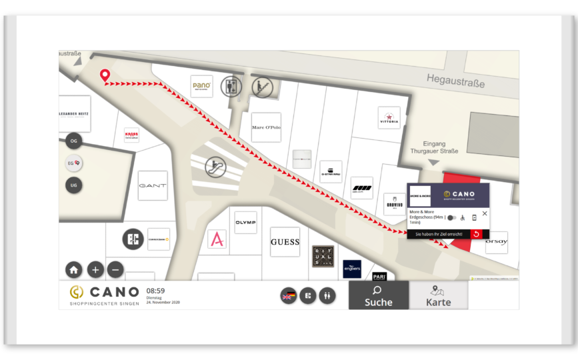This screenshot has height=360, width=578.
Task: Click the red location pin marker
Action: (105, 75)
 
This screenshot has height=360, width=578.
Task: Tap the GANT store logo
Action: (153, 186)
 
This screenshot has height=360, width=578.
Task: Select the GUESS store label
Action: (285, 242)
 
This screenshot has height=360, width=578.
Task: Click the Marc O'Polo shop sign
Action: (266, 127)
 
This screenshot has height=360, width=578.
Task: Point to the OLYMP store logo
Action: (245, 223)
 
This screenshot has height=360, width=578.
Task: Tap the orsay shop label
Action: (496, 242)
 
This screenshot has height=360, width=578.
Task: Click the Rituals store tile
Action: (323, 256)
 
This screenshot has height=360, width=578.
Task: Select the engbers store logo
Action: (352, 269)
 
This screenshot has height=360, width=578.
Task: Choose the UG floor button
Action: (74, 185)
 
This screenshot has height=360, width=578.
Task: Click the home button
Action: (74, 269)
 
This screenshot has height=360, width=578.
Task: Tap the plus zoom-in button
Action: (95, 269)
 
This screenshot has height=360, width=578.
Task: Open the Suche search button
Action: (378, 295)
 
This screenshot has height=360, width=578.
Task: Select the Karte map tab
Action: (438, 295)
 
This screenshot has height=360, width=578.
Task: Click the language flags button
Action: (289, 295)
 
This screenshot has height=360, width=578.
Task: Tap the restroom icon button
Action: (327, 295)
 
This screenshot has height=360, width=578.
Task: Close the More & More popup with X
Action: (485, 214)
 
